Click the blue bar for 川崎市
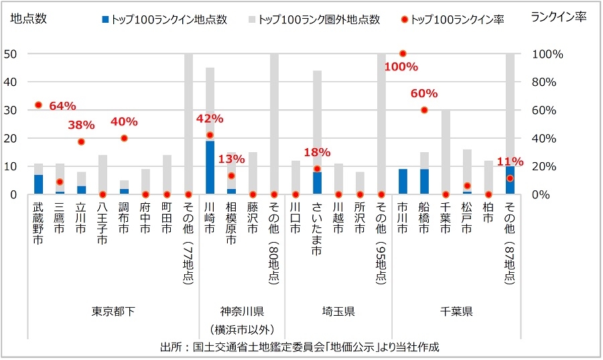pyautogui.click(x=210, y=168)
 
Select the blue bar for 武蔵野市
pyautogui.click(x=38, y=184)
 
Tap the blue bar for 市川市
pyautogui.click(x=403, y=182)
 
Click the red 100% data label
pyautogui.click(x=402, y=67)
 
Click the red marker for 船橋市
pyautogui.click(x=424, y=110)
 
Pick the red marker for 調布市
pyautogui.click(x=124, y=138)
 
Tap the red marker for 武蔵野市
pyautogui.click(x=38, y=105)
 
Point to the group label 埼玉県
pyautogui.click(x=338, y=312)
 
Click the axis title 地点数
pyautogui.click(x=29, y=19)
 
